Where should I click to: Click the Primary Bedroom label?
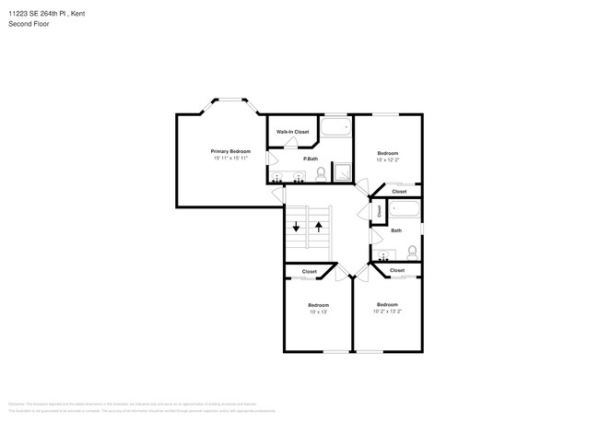230,151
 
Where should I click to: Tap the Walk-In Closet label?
293,132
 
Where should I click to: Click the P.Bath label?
311,159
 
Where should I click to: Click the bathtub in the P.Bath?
335,128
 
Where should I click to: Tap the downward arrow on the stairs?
297,227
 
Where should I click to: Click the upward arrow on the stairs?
319,227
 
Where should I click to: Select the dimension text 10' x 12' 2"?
387,160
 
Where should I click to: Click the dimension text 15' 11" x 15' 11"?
230,159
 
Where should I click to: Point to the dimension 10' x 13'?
318,312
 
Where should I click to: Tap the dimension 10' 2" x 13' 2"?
387,312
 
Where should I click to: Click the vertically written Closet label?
379,212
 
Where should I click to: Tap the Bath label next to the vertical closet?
396,230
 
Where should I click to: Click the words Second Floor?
29,24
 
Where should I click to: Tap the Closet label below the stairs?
310,271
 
